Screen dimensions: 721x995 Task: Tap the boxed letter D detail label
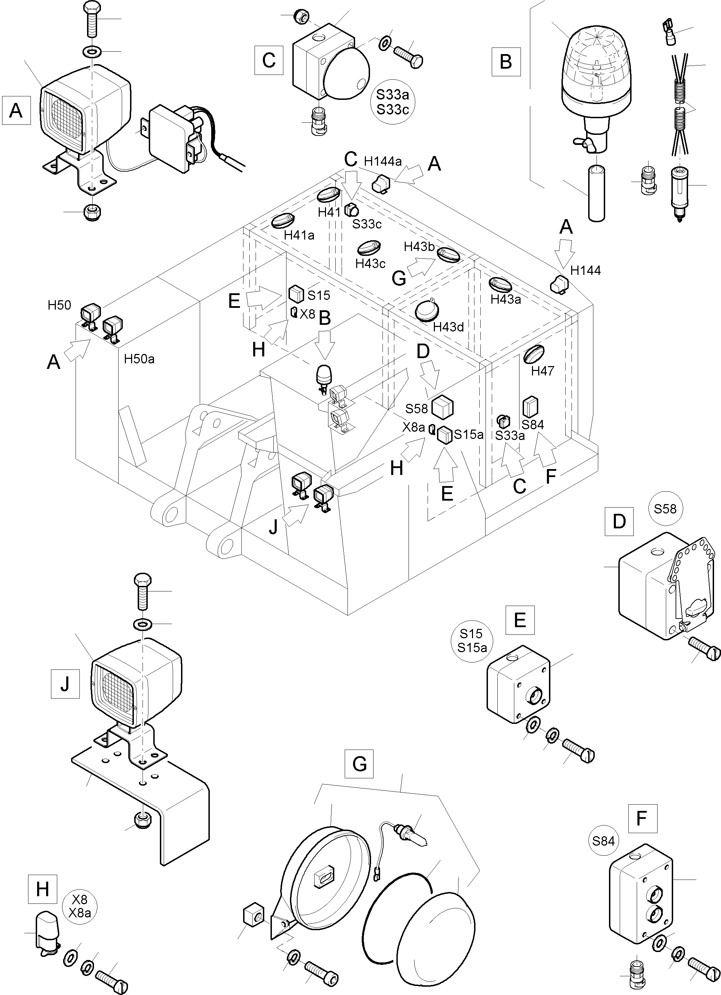[x=619, y=521]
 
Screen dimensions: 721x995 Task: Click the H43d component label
[x=448, y=327]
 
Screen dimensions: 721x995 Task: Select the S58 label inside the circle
[x=665, y=509]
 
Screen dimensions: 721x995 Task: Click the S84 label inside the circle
[x=603, y=841]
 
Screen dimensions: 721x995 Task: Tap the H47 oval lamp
[x=534, y=354]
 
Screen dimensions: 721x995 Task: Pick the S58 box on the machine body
[x=442, y=407]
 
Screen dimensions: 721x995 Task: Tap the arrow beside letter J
[x=297, y=514]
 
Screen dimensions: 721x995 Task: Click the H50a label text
[x=139, y=359]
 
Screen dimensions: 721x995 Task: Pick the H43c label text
[x=370, y=264]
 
